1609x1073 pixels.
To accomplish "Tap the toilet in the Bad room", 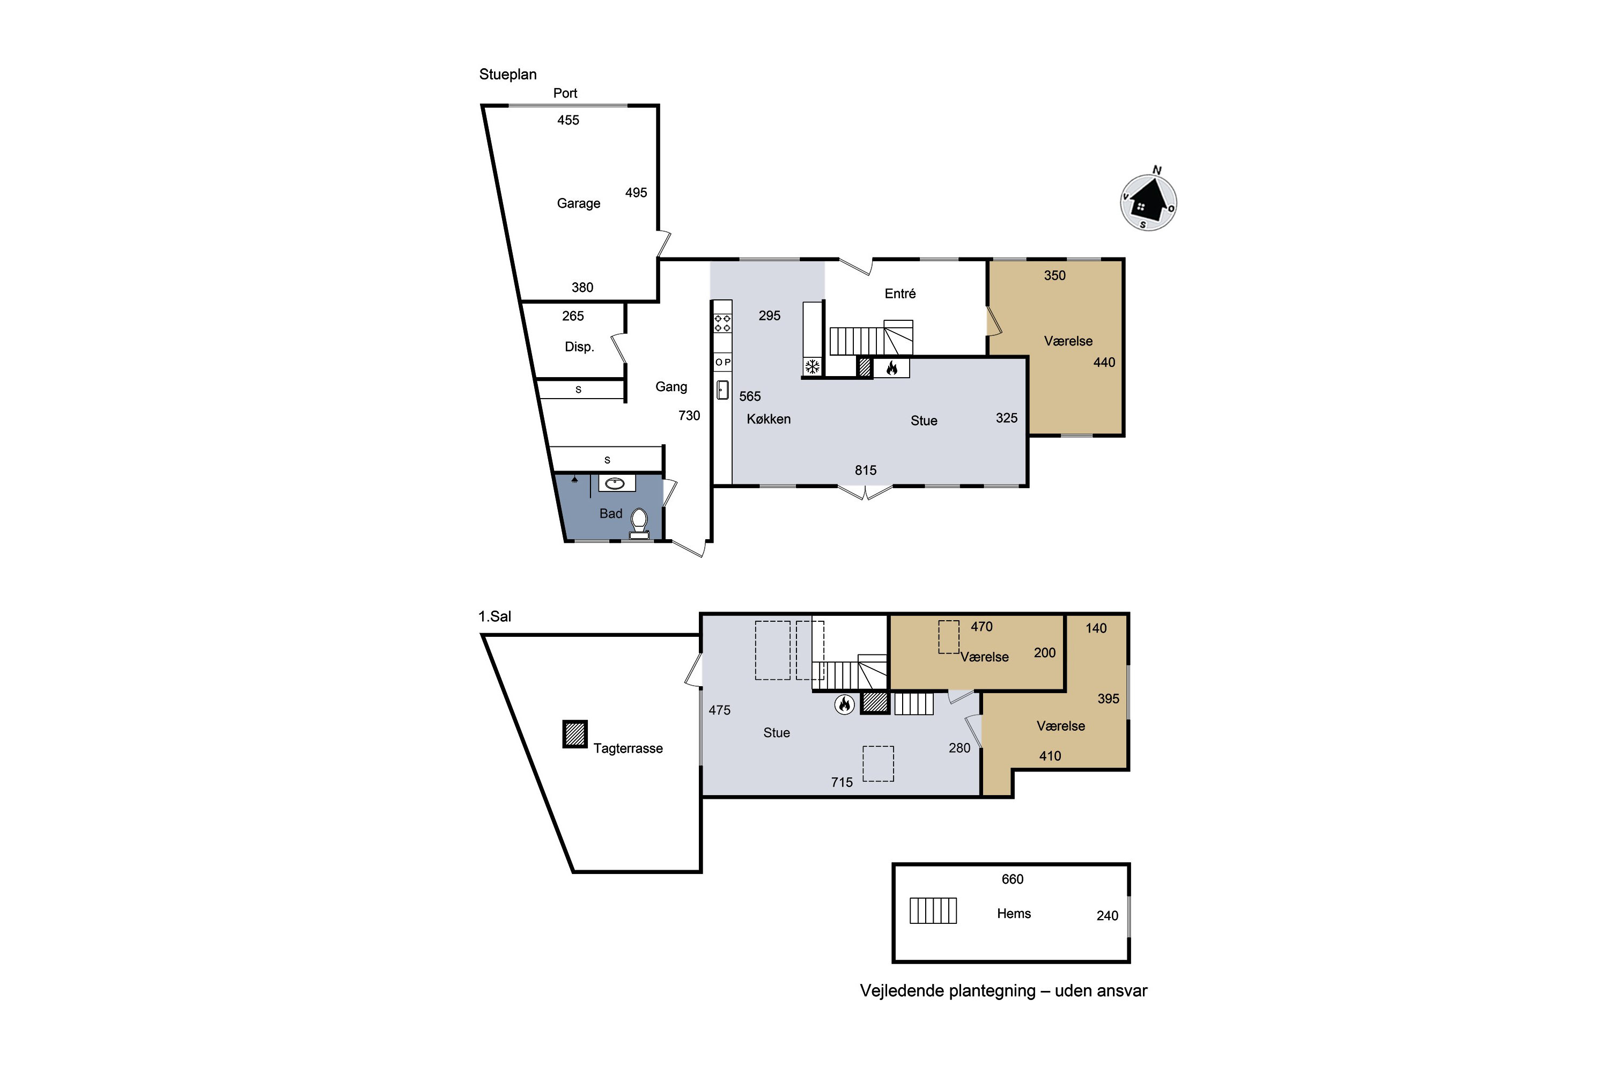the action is (639, 524).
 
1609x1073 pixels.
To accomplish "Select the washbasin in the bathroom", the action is (615, 484).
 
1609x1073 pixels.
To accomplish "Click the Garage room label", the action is (578, 203).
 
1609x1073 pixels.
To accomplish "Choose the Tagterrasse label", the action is (628, 748).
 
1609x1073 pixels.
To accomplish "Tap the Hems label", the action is (1014, 914).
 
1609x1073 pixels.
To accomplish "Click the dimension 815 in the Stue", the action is (866, 470).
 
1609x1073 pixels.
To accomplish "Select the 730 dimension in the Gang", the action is (689, 415).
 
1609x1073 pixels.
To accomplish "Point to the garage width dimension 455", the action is (568, 120).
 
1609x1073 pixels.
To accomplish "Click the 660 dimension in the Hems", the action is (1013, 879).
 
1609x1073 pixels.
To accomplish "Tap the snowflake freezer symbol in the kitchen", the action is (812, 367).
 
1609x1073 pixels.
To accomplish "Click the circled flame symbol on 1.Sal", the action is (845, 704).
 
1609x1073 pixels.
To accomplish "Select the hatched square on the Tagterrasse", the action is (574, 734).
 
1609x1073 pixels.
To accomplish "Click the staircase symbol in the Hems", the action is (933, 910).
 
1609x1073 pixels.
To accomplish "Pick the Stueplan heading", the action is (507, 75).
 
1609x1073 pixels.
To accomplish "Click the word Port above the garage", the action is (565, 93).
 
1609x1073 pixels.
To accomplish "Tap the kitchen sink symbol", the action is (722, 390).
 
